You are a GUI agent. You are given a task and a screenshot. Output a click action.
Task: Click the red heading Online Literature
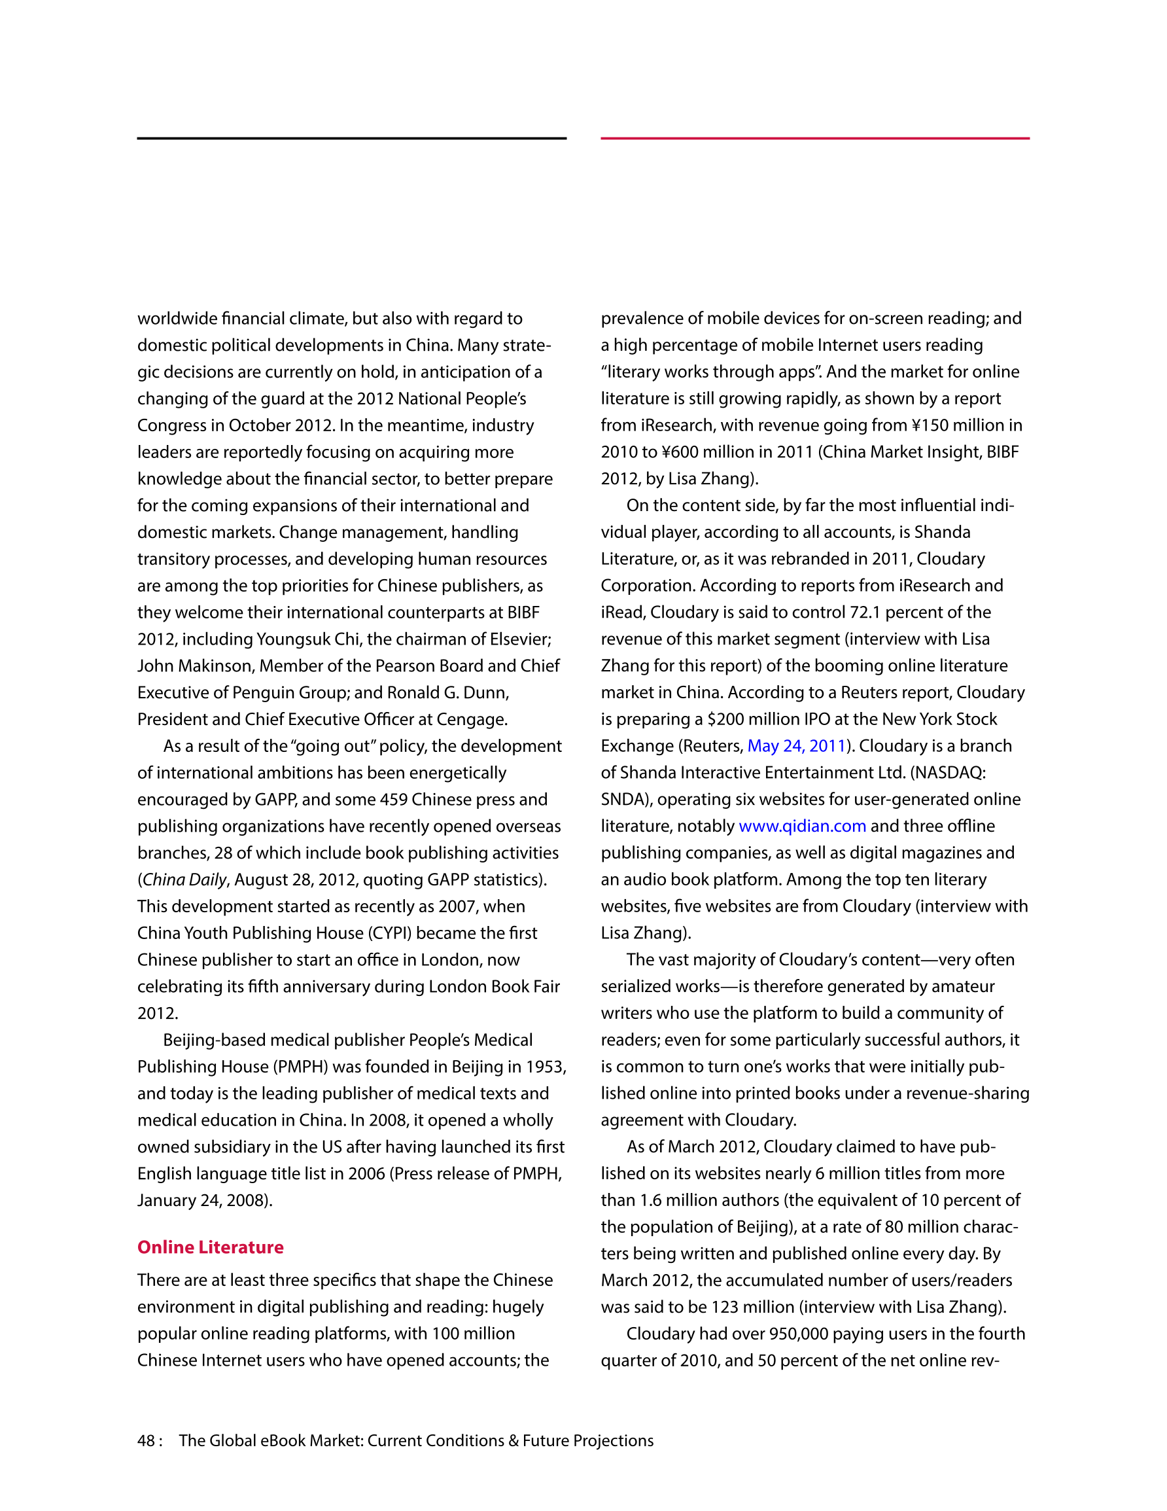(210, 1247)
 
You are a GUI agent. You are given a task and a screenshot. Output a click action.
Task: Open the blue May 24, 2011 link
(797, 746)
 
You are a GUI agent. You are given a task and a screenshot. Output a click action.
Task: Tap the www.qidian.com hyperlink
(803, 826)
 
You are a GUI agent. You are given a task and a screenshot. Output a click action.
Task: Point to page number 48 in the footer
(146, 1440)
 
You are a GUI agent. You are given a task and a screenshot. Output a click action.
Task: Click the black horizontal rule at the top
(351, 138)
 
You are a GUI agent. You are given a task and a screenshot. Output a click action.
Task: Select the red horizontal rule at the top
(815, 138)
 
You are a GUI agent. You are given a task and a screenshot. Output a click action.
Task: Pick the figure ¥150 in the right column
(929, 425)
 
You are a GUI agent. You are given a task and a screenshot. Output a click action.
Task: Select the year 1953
(544, 1067)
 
